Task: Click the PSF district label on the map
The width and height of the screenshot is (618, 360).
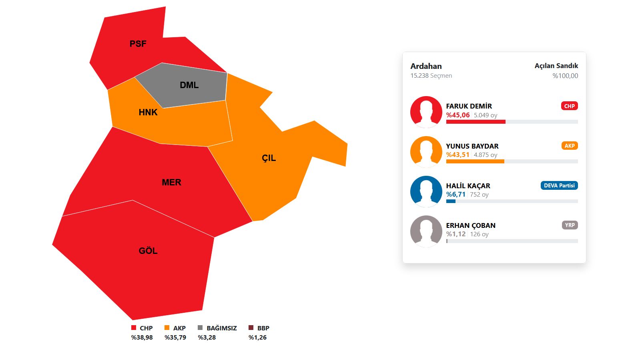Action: [x=138, y=44]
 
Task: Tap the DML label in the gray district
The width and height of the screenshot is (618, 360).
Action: [x=189, y=85]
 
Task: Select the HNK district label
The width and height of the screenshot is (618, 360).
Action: [x=148, y=113]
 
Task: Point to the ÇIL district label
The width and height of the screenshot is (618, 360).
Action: [x=269, y=158]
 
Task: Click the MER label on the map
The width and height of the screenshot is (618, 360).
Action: [x=171, y=182]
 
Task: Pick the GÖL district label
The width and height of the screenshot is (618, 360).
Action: [x=148, y=251]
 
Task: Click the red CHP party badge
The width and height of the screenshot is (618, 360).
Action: [x=570, y=106]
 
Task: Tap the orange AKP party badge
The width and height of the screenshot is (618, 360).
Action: [x=570, y=146]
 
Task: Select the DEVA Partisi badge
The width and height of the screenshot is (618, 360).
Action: [x=559, y=185]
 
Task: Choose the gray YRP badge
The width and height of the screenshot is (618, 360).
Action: [x=570, y=225]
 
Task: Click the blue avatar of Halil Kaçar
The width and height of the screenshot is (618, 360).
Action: [x=426, y=191]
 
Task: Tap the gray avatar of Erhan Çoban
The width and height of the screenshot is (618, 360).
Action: [x=426, y=231]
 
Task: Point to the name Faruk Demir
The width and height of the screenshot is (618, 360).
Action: [x=469, y=106]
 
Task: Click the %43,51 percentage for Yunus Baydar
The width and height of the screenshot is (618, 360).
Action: [x=458, y=155]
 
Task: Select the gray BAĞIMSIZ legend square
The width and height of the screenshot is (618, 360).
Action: [x=200, y=328]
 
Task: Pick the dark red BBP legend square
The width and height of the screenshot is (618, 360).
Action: [x=251, y=328]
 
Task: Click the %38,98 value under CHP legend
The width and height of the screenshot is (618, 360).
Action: [x=142, y=337]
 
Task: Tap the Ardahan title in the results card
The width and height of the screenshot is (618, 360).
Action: [x=426, y=66]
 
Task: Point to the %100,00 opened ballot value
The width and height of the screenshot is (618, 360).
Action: [x=565, y=76]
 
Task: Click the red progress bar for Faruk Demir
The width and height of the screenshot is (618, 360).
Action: [x=476, y=122]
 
